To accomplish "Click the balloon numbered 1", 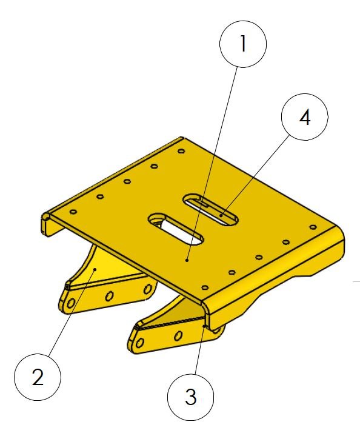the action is (x=243, y=44).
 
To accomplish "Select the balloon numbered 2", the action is (x=38, y=377).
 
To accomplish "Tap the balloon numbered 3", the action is (x=191, y=397).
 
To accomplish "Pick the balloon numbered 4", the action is (x=305, y=117).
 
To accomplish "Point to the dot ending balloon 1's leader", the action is (x=187, y=260).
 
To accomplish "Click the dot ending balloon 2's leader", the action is (x=95, y=269).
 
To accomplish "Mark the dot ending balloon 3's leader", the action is (x=205, y=326).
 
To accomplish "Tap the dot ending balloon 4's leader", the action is (x=221, y=215).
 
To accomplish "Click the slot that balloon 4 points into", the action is (x=210, y=209).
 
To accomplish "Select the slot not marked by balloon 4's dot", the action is (x=175, y=229).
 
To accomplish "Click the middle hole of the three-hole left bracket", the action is (x=110, y=296).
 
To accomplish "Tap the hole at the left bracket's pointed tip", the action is (x=71, y=303).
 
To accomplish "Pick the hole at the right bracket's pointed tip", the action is (x=140, y=343).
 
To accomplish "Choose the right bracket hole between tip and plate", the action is (x=178, y=336).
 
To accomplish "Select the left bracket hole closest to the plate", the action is (x=148, y=289).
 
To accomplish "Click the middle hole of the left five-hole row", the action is (x=127, y=181).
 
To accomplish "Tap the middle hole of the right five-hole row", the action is (x=259, y=257).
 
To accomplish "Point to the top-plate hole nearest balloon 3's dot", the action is (x=204, y=287).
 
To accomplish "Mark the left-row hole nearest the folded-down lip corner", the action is (x=73, y=212).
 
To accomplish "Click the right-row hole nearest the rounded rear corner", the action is (x=313, y=227).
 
